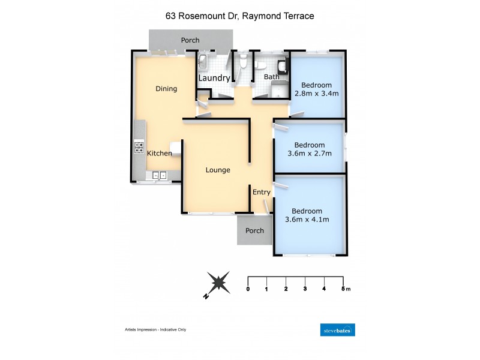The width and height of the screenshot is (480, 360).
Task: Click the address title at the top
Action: (x=239, y=16)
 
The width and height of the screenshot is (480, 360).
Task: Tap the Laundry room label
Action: (x=214, y=78)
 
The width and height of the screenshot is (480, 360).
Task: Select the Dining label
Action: (x=166, y=89)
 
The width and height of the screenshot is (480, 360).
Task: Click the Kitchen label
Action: (x=160, y=154)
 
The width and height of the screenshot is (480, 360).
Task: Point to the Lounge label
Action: (x=218, y=170)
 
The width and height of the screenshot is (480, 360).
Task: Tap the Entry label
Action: (x=262, y=192)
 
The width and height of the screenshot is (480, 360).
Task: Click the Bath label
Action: (x=272, y=77)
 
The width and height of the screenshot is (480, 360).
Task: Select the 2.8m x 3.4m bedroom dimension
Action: (x=317, y=94)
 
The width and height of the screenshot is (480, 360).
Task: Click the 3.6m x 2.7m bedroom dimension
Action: (x=310, y=154)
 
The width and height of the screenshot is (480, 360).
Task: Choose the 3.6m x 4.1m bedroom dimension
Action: (x=307, y=220)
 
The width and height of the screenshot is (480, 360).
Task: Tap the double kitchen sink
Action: (x=159, y=175)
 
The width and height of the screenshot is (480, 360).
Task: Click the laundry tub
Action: (x=203, y=60)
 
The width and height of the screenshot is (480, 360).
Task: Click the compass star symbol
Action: (x=217, y=281)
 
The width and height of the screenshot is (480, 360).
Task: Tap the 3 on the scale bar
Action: (x=305, y=289)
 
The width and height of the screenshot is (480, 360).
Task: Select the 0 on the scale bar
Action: (x=248, y=289)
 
